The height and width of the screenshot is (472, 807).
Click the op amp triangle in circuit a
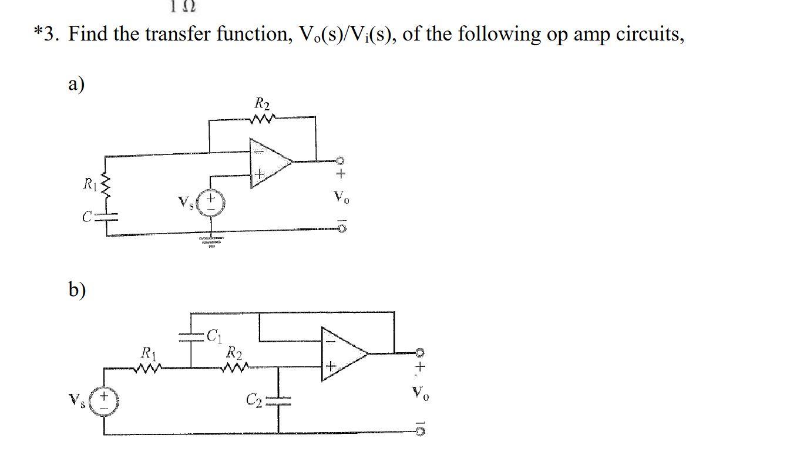tap(269, 163)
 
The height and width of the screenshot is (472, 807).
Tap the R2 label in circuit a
tap(263, 104)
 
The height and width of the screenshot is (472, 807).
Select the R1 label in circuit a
tap(90, 185)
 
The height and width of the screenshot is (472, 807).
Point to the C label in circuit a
tap(87, 217)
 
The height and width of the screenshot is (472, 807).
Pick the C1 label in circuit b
tap(214, 336)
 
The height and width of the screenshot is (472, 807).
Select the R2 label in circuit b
tap(234, 353)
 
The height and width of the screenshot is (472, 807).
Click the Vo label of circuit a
tap(341, 197)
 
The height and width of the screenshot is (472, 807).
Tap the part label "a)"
tap(76, 84)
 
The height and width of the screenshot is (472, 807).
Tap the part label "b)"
tap(76, 289)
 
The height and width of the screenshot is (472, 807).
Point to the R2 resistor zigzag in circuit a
tap(262, 119)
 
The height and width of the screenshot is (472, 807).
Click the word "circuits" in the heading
tap(649, 34)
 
